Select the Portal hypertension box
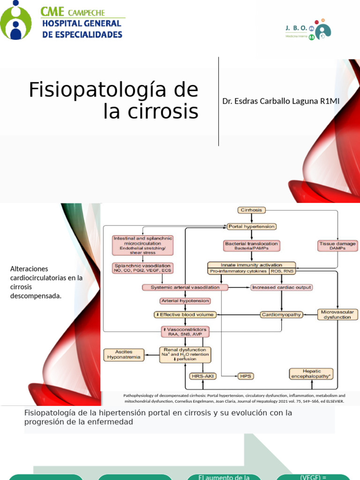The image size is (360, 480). click(252, 226)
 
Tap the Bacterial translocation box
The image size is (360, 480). click(252, 245)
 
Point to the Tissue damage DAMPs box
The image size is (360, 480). click(337, 245)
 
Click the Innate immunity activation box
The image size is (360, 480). click(252, 265)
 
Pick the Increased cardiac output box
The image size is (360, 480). click(281, 287)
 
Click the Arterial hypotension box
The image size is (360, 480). click(185, 301)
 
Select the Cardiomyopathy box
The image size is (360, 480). click(281, 315)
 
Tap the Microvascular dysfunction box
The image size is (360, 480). click(337, 314)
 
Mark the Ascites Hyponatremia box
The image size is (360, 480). click(123, 354)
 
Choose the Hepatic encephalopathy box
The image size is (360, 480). click(311, 373)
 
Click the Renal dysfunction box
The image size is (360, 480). click(185, 354)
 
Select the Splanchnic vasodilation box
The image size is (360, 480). click(142, 268)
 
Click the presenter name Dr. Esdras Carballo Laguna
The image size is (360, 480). click(280, 101)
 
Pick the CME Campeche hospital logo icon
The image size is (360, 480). click(15, 20)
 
